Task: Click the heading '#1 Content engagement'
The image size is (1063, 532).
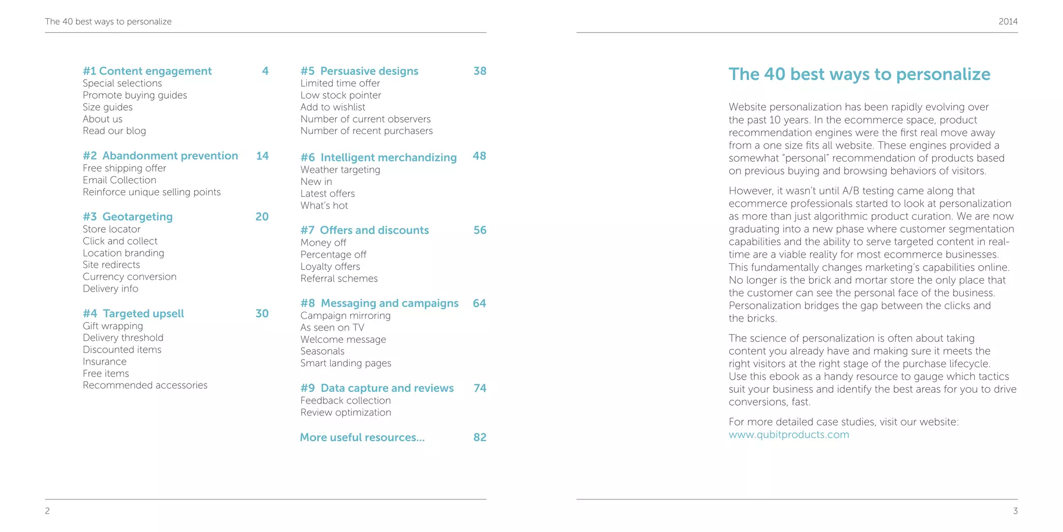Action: tap(147, 71)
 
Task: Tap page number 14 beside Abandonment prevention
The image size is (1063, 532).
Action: tap(262, 156)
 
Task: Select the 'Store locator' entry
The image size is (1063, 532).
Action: tap(112, 229)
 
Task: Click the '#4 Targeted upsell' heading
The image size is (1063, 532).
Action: tap(133, 314)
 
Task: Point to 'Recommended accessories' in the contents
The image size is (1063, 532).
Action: tap(145, 385)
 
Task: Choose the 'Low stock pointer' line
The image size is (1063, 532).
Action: tap(340, 96)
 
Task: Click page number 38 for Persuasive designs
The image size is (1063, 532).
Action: tap(480, 71)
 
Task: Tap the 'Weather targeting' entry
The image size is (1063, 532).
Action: tap(340, 170)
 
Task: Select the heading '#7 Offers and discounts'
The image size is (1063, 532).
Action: tap(364, 230)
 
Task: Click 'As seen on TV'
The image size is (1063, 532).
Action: tap(332, 328)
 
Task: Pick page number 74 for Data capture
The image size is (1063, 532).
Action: tap(480, 388)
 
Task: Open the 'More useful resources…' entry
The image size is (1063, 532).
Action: tap(362, 437)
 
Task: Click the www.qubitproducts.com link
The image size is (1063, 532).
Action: tap(788, 435)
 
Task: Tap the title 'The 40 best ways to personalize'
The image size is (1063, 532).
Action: tap(859, 74)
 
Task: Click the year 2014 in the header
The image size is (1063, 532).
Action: tap(1008, 22)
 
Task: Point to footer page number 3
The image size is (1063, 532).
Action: tap(1015, 511)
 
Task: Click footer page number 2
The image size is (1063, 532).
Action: tap(47, 511)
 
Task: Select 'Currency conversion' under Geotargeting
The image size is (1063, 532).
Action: tap(129, 277)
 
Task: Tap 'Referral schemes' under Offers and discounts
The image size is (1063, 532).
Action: tap(339, 278)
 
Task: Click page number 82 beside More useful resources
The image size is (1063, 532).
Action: tap(480, 437)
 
